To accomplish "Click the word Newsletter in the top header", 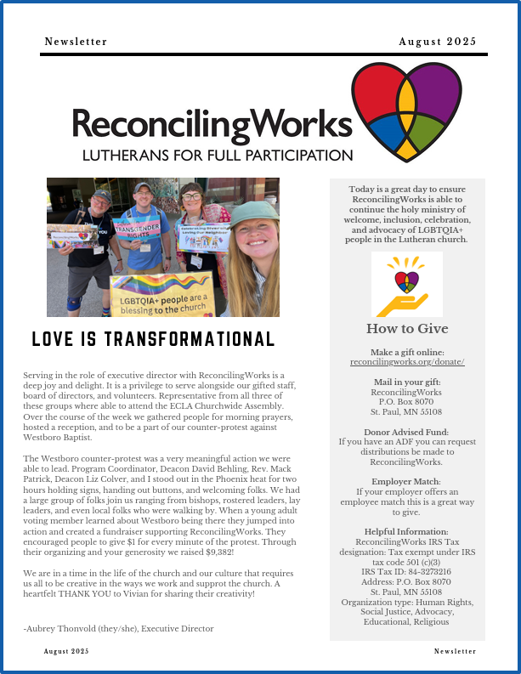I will pos(76,42).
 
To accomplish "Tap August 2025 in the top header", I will pos(438,42).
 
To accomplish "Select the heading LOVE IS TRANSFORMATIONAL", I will pos(153,339).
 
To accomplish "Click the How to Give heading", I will pos(407,329).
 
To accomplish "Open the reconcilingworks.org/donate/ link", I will pos(407,362).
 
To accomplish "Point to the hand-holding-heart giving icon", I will pos(407,285).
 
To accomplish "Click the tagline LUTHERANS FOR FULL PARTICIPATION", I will pos(217,156).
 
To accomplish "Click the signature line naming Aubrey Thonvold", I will pos(118,628).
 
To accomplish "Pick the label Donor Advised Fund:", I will pos(407,432).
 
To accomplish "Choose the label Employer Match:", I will pos(407,481).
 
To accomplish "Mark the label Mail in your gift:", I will pos(407,382).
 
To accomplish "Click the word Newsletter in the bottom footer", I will pos(455,651).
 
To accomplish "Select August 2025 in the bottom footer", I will pos(65,651).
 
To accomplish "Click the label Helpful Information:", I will pos(407,531).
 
